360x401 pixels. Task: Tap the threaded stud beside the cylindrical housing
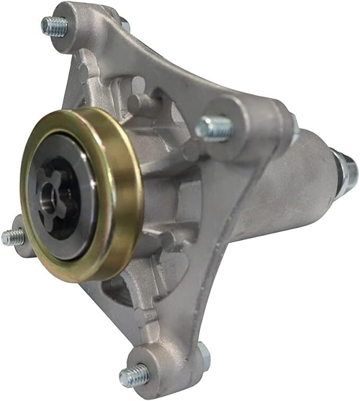(x=214, y=128)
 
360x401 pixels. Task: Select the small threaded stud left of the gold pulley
(x=13, y=237)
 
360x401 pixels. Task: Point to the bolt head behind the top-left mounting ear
(x=125, y=23)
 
